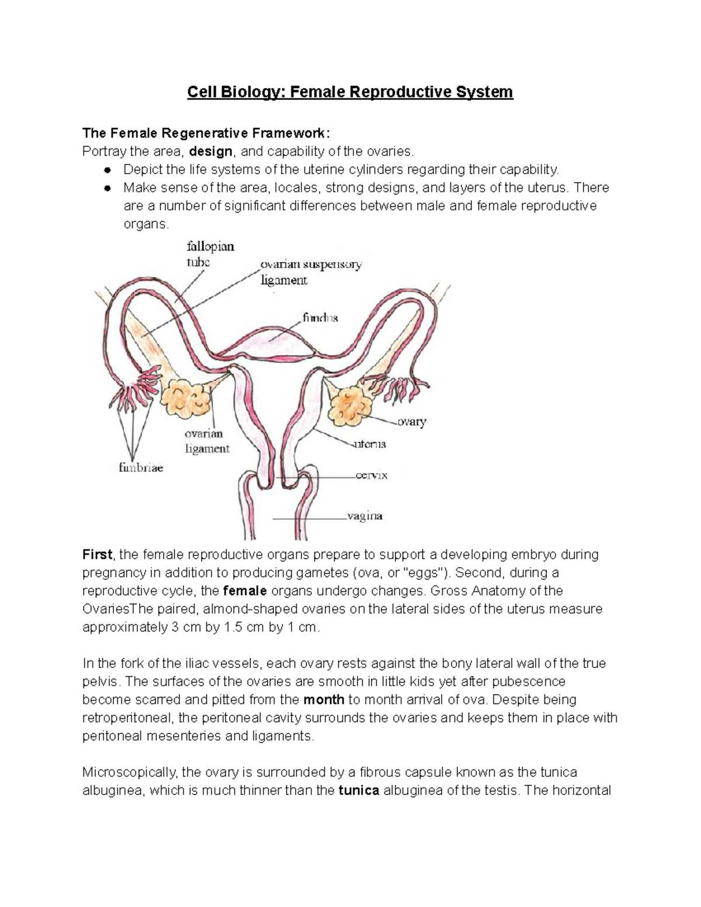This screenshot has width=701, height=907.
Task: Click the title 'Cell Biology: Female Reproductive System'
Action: (350, 92)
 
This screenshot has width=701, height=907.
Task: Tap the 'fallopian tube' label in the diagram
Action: (210, 254)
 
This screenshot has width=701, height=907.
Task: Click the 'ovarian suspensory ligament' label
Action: (310, 272)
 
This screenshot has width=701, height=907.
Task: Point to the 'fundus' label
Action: (320, 318)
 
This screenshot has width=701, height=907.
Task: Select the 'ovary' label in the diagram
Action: (412, 422)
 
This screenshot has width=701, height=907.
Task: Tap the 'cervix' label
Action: (372, 475)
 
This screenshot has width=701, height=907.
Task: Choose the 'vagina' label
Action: (365, 516)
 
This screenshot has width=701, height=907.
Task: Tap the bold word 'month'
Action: (324, 699)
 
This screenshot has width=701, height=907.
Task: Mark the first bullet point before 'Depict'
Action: (107, 170)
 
